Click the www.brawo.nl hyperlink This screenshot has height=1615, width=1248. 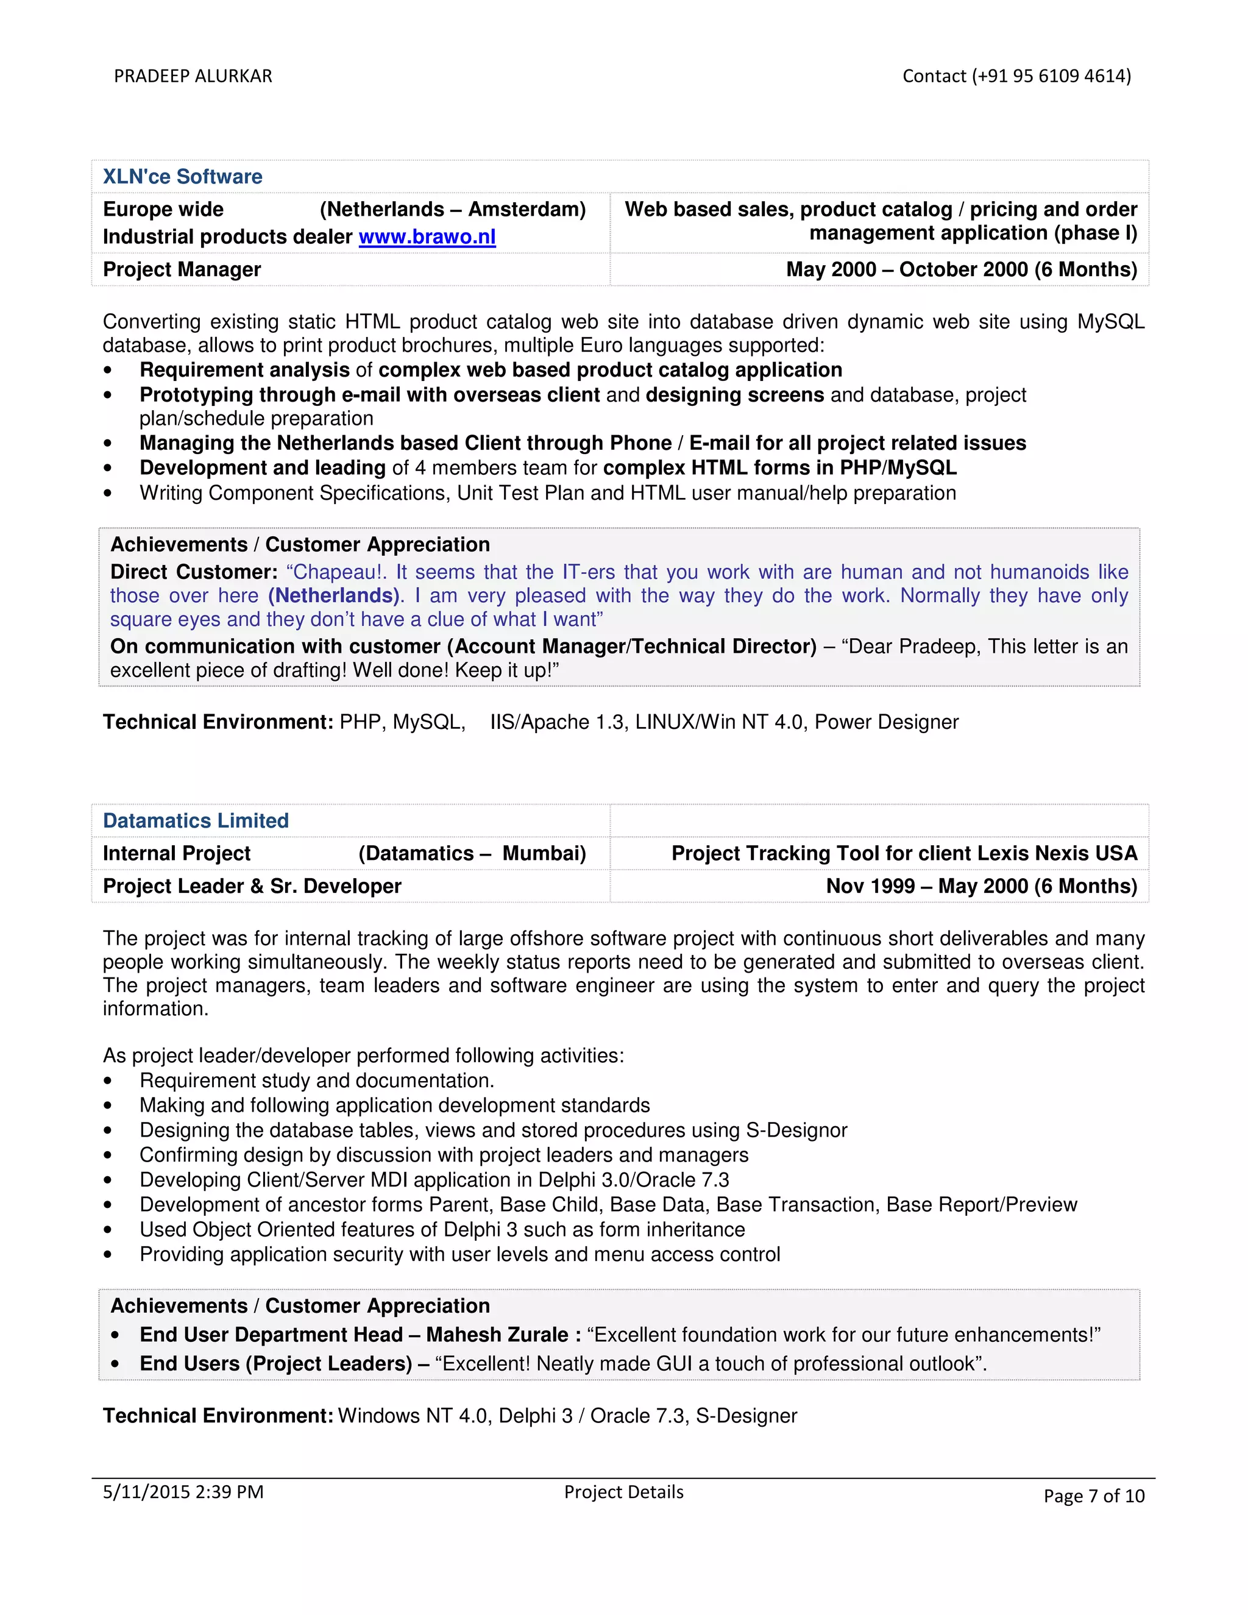tap(427, 236)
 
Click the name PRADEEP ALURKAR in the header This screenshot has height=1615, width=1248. tap(193, 76)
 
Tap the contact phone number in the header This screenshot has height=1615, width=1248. tap(1016, 76)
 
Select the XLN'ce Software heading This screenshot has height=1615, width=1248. tap(183, 177)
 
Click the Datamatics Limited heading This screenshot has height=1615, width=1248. tap(196, 821)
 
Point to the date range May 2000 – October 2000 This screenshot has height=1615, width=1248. tap(961, 269)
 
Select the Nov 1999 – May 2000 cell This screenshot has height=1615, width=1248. tap(981, 886)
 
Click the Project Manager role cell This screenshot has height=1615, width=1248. tap(182, 269)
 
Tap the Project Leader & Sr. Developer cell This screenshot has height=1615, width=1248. tap(252, 886)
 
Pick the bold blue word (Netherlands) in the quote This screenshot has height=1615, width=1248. tap(333, 596)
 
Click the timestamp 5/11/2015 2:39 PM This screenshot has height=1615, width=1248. tap(183, 1491)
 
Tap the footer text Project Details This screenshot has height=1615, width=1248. tap(623, 1491)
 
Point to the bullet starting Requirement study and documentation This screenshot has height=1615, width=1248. tap(316, 1081)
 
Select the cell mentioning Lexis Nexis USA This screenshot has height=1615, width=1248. tap(904, 853)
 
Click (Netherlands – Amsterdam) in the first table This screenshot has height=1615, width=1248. tap(453, 209)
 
